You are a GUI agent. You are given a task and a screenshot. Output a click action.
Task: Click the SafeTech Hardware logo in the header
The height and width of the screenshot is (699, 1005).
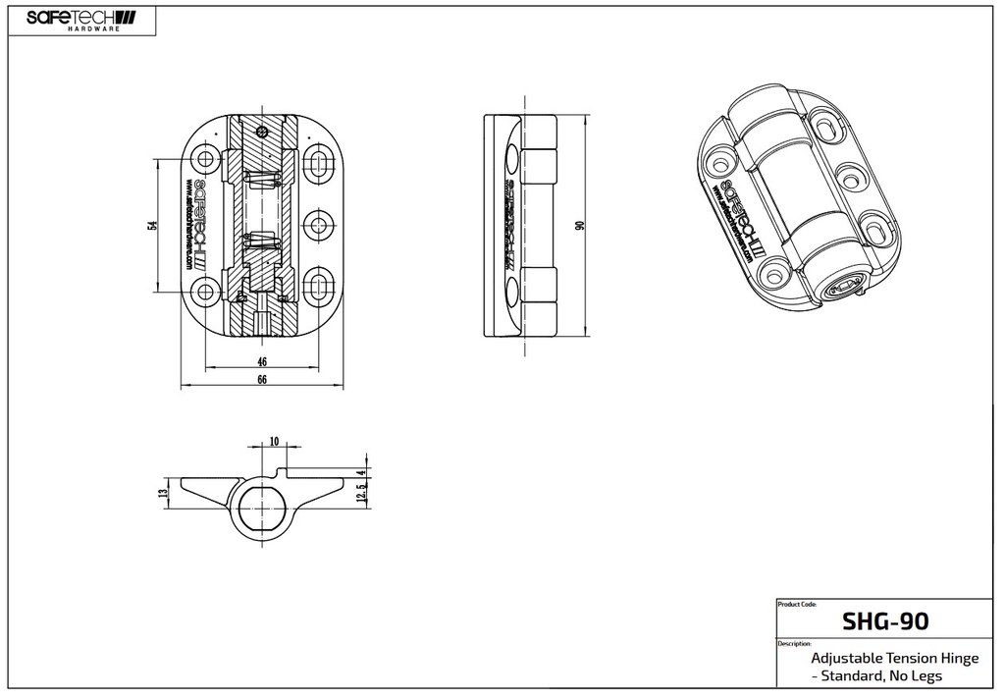pyautogui.click(x=81, y=20)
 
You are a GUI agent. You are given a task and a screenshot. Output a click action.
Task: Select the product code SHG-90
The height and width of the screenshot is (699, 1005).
pyautogui.click(x=884, y=621)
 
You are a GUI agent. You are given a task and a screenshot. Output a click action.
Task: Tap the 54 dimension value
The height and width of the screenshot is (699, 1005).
pyautogui.click(x=152, y=225)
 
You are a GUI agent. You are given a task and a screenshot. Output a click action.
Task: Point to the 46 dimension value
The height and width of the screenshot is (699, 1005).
pyautogui.click(x=262, y=361)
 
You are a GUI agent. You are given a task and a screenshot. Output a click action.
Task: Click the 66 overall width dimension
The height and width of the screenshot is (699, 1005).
pyautogui.click(x=262, y=381)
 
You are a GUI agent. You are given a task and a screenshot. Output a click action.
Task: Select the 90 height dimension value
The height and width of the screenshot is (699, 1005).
pyautogui.click(x=580, y=225)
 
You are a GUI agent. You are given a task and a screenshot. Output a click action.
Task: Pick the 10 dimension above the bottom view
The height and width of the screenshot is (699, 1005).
pyautogui.click(x=273, y=441)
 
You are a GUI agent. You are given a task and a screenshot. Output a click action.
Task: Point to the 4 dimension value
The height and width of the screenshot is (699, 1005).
pyautogui.click(x=362, y=473)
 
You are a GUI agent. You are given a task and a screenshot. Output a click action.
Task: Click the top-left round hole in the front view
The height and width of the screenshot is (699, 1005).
pyautogui.click(x=205, y=159)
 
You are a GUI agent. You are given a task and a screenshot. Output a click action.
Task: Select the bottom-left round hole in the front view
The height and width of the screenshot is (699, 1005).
pyautogui.click(x=205, y=290)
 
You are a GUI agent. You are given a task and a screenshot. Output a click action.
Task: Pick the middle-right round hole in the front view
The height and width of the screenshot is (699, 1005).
pyautogui.click(x=318, y=225)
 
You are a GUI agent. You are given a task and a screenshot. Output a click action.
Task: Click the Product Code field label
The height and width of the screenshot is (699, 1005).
pyautogui.click(x=796, y=605)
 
